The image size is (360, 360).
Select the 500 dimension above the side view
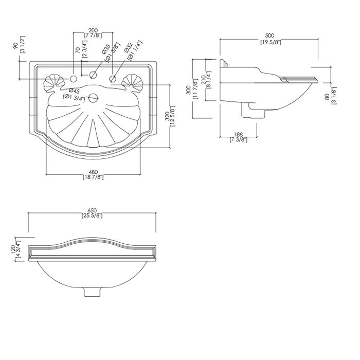[x=270, y=37]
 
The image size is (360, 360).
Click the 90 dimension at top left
[x=15, y=47]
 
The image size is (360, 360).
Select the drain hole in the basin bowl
[x=93, y=98]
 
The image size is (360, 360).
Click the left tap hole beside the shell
[x=74, y=78]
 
